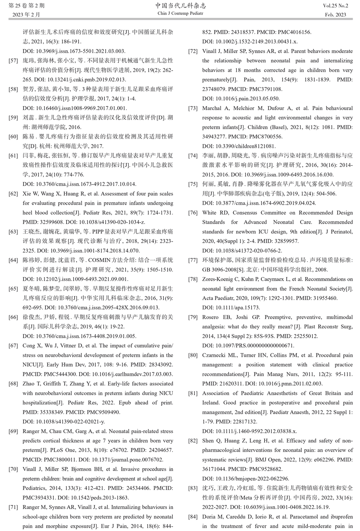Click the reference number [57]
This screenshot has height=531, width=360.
13,61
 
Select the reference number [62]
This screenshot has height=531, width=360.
13,194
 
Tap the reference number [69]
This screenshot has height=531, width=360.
13,431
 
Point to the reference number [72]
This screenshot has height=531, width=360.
193,51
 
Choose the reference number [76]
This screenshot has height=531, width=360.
193,213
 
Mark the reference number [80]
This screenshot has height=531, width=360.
193,355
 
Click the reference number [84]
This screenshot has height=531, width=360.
193,517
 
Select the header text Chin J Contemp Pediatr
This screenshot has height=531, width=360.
180,14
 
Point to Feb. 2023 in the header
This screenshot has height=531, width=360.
336,15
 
